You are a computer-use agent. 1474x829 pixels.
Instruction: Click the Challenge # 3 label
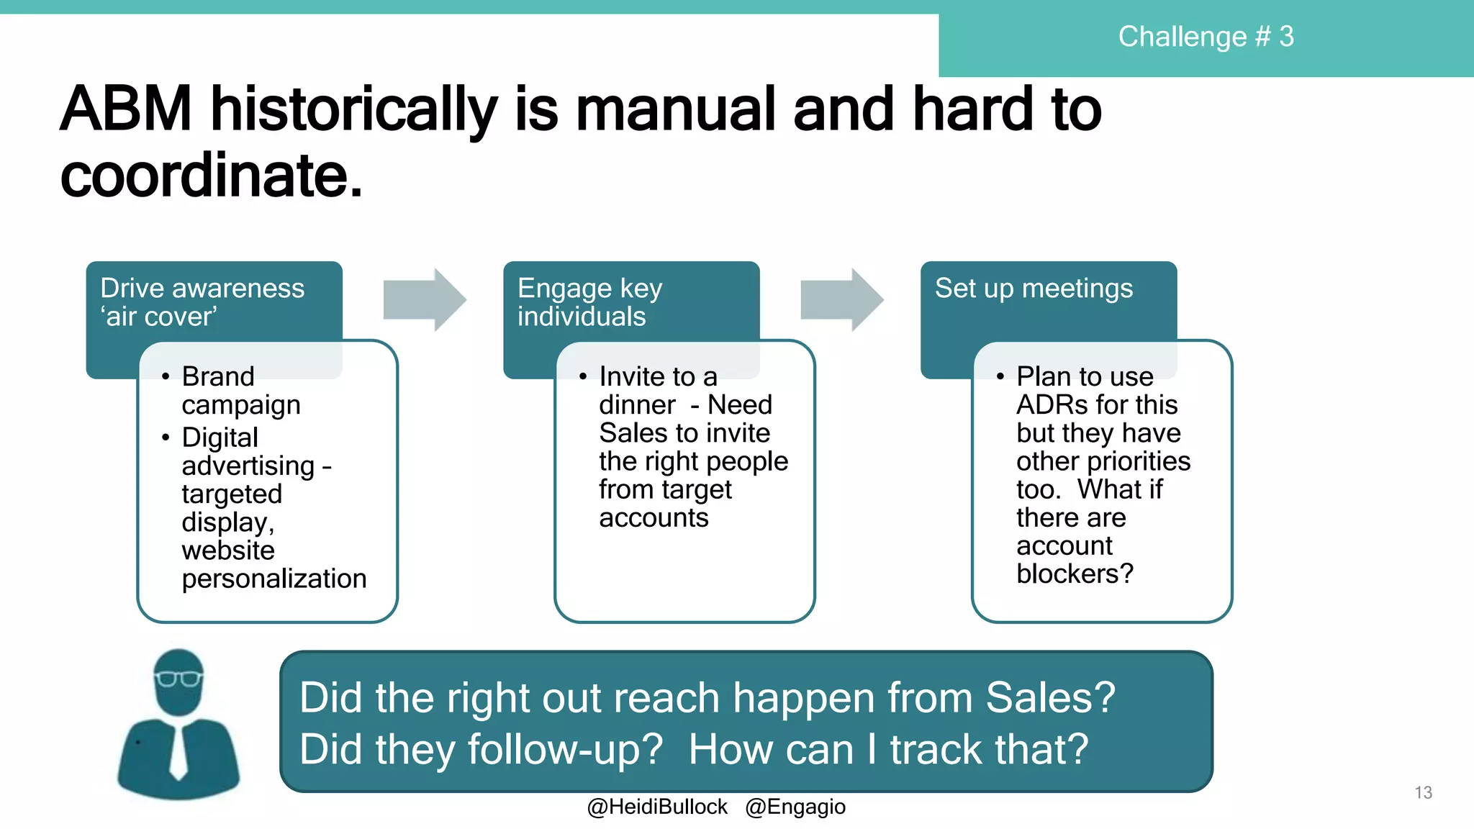point(1206,37)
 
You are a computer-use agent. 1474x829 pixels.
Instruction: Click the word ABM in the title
point(126,109)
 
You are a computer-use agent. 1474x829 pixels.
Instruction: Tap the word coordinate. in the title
point(211,176)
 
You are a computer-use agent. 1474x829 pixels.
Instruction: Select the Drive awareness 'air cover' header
point(202,302)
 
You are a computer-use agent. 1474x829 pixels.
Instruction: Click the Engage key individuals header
point(589,302)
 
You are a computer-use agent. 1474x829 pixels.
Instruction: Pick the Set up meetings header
point(1034,289)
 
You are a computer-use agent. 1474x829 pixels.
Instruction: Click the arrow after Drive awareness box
point(425,299)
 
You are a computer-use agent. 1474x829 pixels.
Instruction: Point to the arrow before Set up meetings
point(842,299)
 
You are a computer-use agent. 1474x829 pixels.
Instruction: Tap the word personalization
point(274,579)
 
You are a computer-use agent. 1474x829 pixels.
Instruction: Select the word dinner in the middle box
point(637,405)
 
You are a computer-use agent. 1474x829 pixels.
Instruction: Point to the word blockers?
point(1075,574)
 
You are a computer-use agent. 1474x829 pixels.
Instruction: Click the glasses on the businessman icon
point(178,678)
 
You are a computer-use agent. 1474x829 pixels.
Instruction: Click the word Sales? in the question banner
point(1050,698)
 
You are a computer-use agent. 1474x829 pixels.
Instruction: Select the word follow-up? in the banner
point(565,750)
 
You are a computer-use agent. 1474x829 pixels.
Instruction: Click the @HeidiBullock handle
point(657,807)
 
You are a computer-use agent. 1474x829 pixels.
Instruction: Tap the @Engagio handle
point(795,807)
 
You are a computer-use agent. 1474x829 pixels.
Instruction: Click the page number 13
point(1423,792)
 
